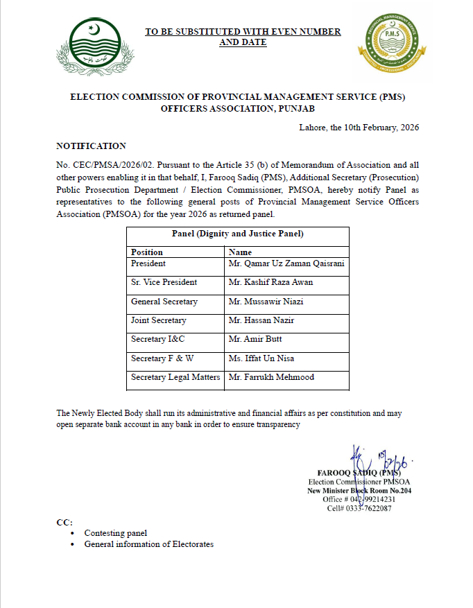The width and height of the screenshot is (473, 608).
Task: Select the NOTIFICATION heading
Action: click(x=91, y=146)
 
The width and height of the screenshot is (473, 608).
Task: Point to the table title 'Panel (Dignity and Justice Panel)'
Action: click(x=237, y=234)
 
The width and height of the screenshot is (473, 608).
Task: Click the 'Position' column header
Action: click(x=147, y=252)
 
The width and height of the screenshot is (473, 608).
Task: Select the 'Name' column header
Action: click(x=240, y=252)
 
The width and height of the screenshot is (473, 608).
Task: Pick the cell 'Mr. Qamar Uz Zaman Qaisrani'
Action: click(x=286, y=263)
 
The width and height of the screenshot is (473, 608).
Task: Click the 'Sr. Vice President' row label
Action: click(x=164, y=282)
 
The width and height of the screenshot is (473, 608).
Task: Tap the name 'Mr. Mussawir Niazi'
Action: click(x=266, y=302)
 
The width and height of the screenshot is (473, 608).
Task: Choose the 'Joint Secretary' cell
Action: click(x=158, y=320)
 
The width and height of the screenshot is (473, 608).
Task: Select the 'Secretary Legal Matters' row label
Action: click(x=175, y=377)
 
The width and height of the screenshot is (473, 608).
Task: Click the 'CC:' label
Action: click(x=64, y=521)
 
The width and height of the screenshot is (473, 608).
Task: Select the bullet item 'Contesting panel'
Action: click(x=115, y=533)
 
